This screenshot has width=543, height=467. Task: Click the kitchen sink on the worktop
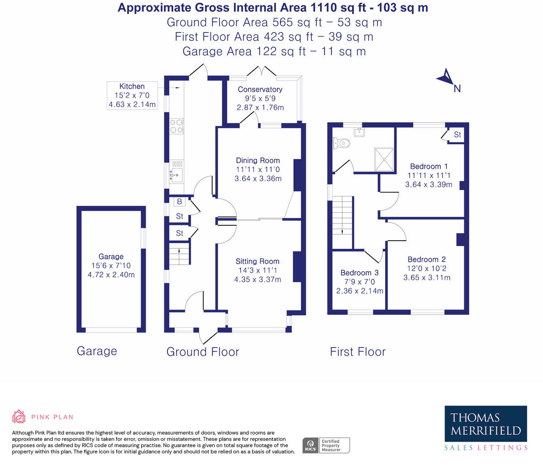tap(176, 174)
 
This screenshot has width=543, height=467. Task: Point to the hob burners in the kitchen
tap(176, 126)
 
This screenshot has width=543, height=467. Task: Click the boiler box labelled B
tap(180, 202)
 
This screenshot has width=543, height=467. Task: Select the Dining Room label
tap(258, 160)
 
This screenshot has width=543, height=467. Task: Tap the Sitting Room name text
tap(257, 261)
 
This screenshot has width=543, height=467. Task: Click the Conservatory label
tap(260, 90)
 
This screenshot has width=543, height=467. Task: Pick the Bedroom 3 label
tap(359, 273)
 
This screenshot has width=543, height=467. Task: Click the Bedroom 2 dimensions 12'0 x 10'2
tap(427, 268)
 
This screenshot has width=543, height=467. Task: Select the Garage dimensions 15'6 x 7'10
tap(111, 266)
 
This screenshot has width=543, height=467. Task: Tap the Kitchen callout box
tap(132, 95)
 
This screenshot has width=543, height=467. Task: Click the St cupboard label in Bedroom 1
tap(457, 135)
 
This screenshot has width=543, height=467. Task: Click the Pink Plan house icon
tap(19, 417)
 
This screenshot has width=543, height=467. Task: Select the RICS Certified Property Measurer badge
tap(326, 445)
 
